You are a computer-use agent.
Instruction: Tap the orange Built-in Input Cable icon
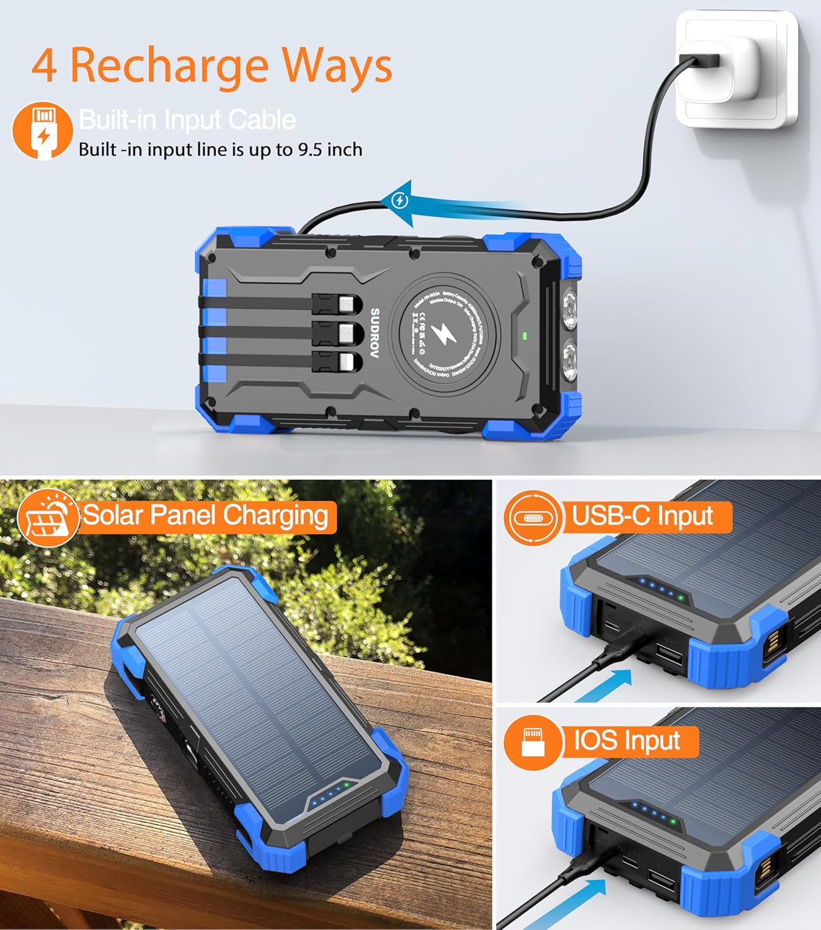click(x=42, y=131)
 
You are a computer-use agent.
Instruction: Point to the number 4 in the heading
click(x=45, y=66)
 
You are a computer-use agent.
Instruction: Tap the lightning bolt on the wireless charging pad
click(x=443, y=335)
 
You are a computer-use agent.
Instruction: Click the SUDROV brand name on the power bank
click(x=375, y=333)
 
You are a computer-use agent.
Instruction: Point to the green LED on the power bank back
click(x=525, y=336)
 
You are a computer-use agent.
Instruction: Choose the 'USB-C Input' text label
click(x=642, y=516)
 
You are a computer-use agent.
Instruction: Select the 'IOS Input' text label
click(x=627, y=741)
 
